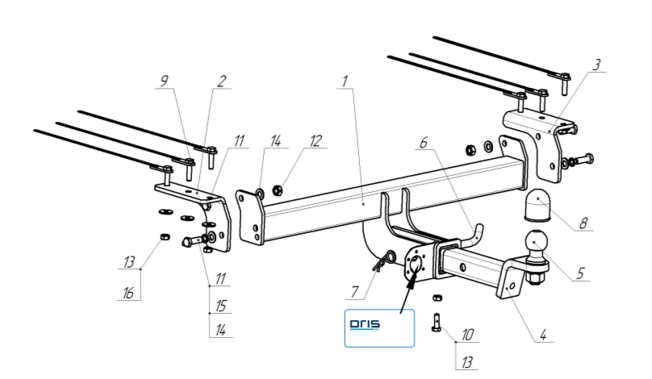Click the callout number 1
click(345, 81)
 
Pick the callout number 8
click(582, 223)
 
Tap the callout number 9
click(165, 81)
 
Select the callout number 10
click(468, 334)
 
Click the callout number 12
click(314, 141)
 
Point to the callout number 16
click(127, 294)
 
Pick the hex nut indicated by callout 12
click(278, 191)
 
